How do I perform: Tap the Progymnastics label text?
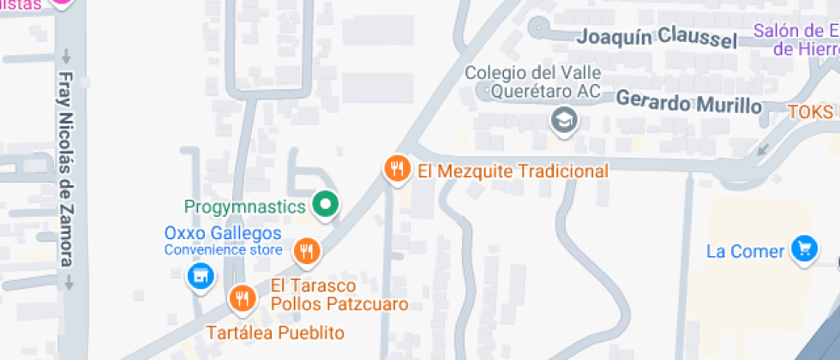point(245,207)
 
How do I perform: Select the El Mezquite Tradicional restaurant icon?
point(395,168)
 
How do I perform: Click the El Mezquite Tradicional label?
point(513,171)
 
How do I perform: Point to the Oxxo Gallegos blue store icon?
point(199,275)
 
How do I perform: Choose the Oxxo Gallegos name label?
point(223,233)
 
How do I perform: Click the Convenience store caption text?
point(223,250)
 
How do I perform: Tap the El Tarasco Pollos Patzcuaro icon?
point(306,251)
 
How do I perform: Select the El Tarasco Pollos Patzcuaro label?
point(339,294)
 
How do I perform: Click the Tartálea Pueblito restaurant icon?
point(243,297)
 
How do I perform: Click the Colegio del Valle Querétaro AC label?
point(533,82)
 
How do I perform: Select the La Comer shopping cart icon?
point(803,249)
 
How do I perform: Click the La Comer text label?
point(745,251)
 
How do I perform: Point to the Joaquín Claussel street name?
point(657,38)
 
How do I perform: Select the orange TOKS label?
point(811,112)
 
